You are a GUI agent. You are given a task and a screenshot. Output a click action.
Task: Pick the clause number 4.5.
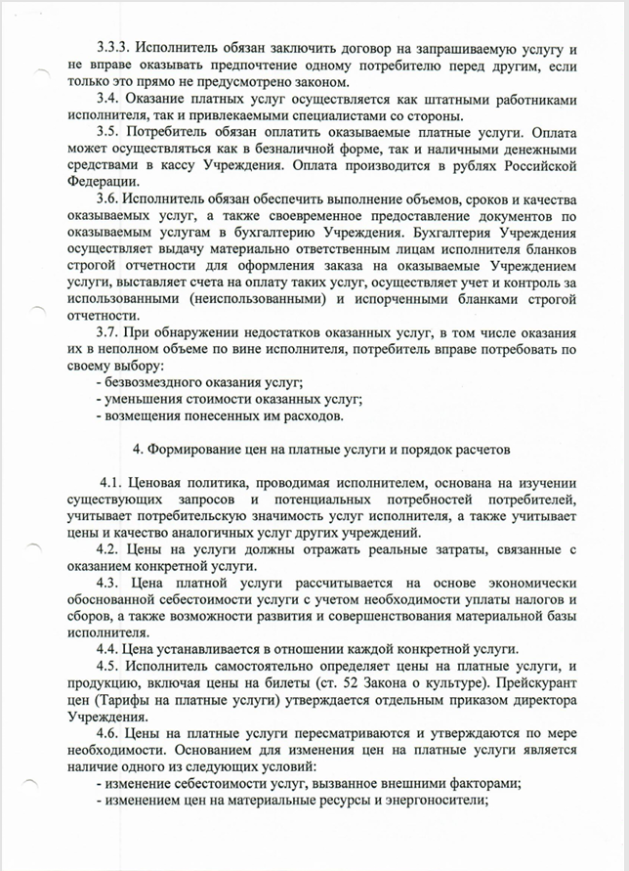point(109,667)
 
